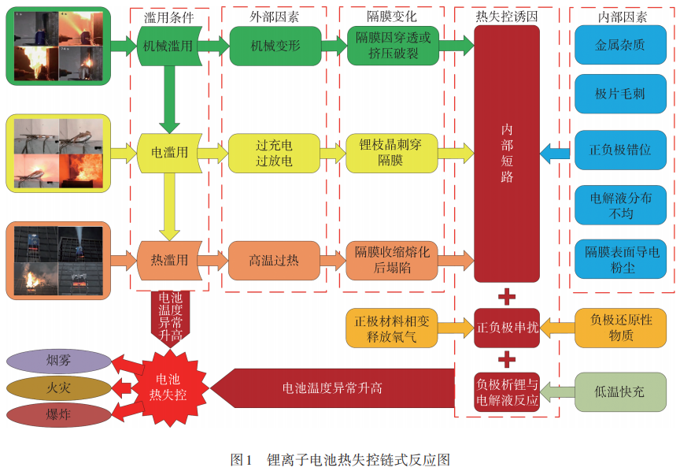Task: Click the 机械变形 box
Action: pos(275,46)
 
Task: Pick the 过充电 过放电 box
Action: pos(275,152)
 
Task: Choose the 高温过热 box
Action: pos(275,260)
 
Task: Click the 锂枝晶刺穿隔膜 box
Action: pos(391,152)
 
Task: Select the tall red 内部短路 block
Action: pos(507,154)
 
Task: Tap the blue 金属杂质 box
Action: pos(619,45)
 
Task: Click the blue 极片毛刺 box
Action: pos(619,94)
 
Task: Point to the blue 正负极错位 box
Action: pos(619,150)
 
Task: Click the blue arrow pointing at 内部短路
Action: pos(557,150)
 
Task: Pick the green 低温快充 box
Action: pos(619,391)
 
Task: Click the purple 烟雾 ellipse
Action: pos(58,362)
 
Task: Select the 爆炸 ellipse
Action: pos(58,414)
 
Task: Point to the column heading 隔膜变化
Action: pos(391,15)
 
